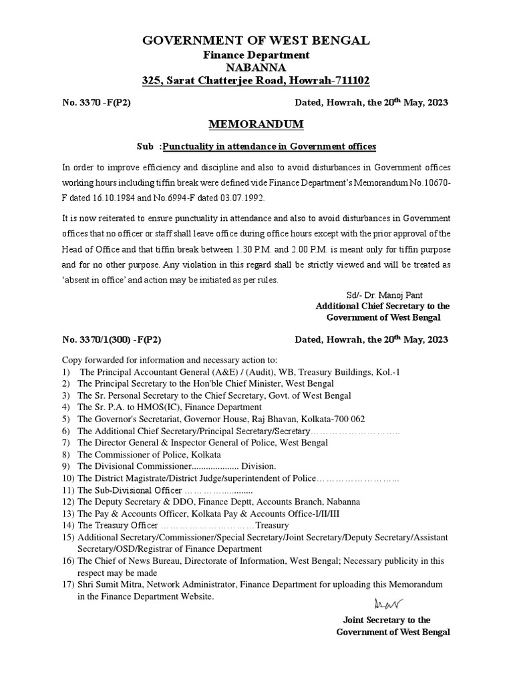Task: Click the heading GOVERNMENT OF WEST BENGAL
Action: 256,41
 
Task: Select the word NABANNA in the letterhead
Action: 256,67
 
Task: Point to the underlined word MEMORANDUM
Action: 256,125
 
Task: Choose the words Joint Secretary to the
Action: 386,620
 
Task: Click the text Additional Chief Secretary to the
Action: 382,306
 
